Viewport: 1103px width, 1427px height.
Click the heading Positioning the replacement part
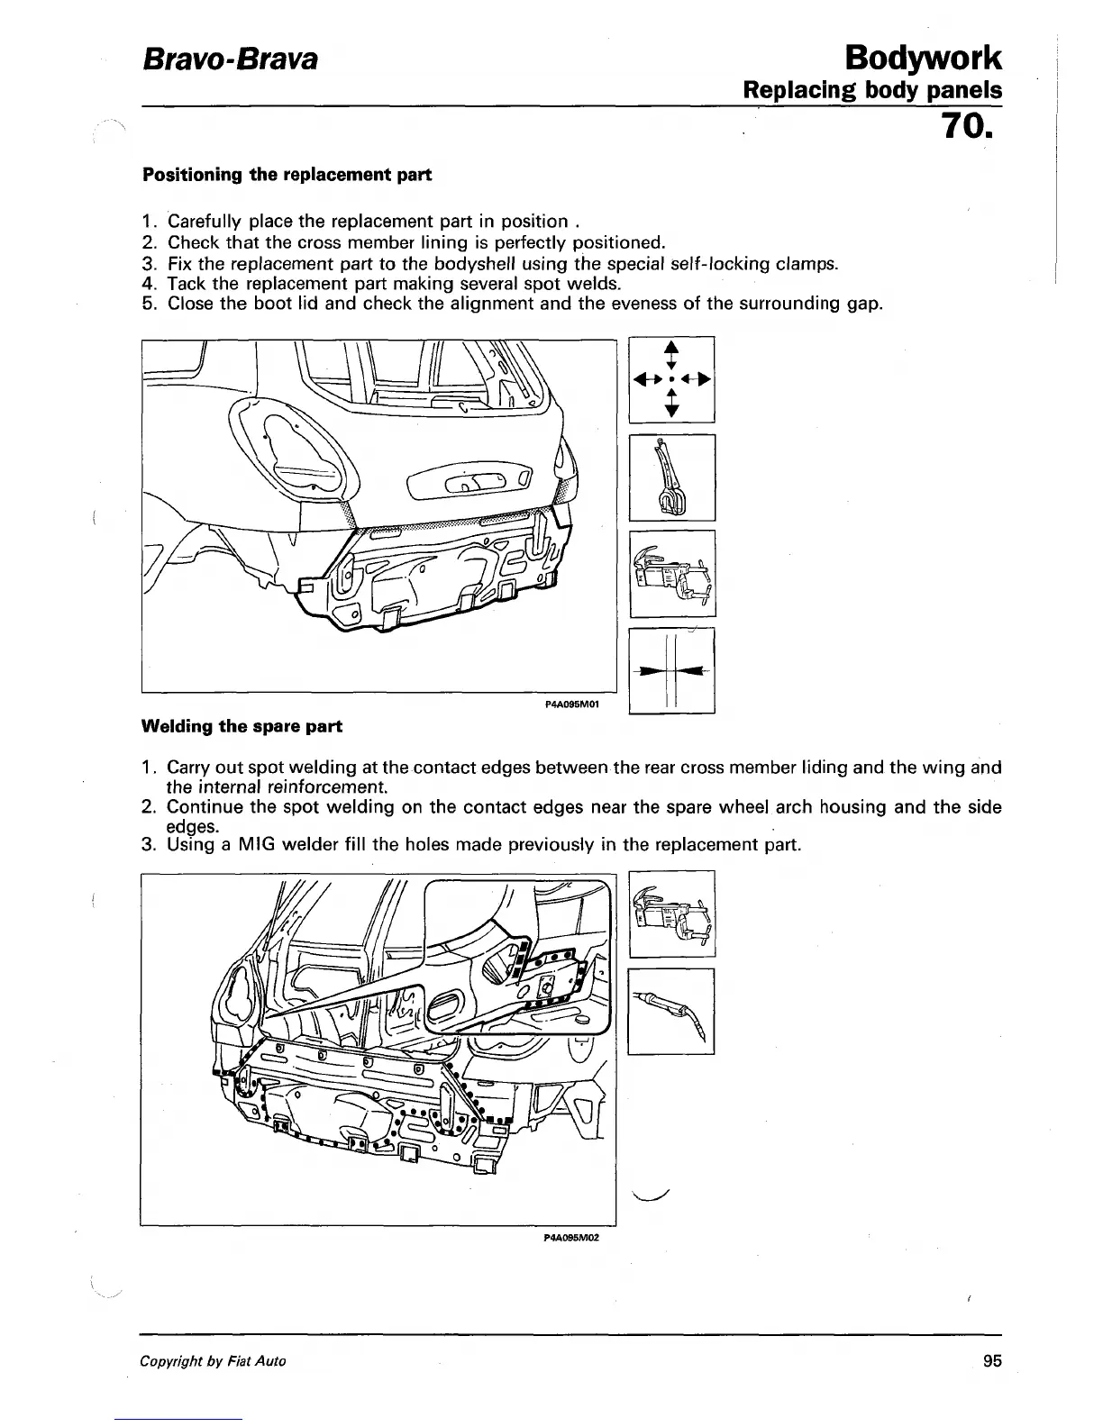[287, 175]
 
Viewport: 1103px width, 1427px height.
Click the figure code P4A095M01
[572, 704]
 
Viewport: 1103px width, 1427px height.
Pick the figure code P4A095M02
[572, 1237]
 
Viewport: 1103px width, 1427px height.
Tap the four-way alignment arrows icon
[671, 379]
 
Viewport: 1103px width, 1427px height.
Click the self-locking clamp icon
[671, 477]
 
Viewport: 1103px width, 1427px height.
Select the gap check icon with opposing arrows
[671, 670]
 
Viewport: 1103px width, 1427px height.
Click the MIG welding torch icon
[671, 1010]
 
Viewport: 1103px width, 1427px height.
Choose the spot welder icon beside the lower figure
[671, 913]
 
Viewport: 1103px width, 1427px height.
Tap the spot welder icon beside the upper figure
[671, 574]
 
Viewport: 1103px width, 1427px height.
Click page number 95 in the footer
[992, 1361]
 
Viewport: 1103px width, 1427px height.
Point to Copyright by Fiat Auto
[213, 1361]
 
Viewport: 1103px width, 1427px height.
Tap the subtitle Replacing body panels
[871, 91]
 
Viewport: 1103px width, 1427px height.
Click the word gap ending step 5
[865, 304]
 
